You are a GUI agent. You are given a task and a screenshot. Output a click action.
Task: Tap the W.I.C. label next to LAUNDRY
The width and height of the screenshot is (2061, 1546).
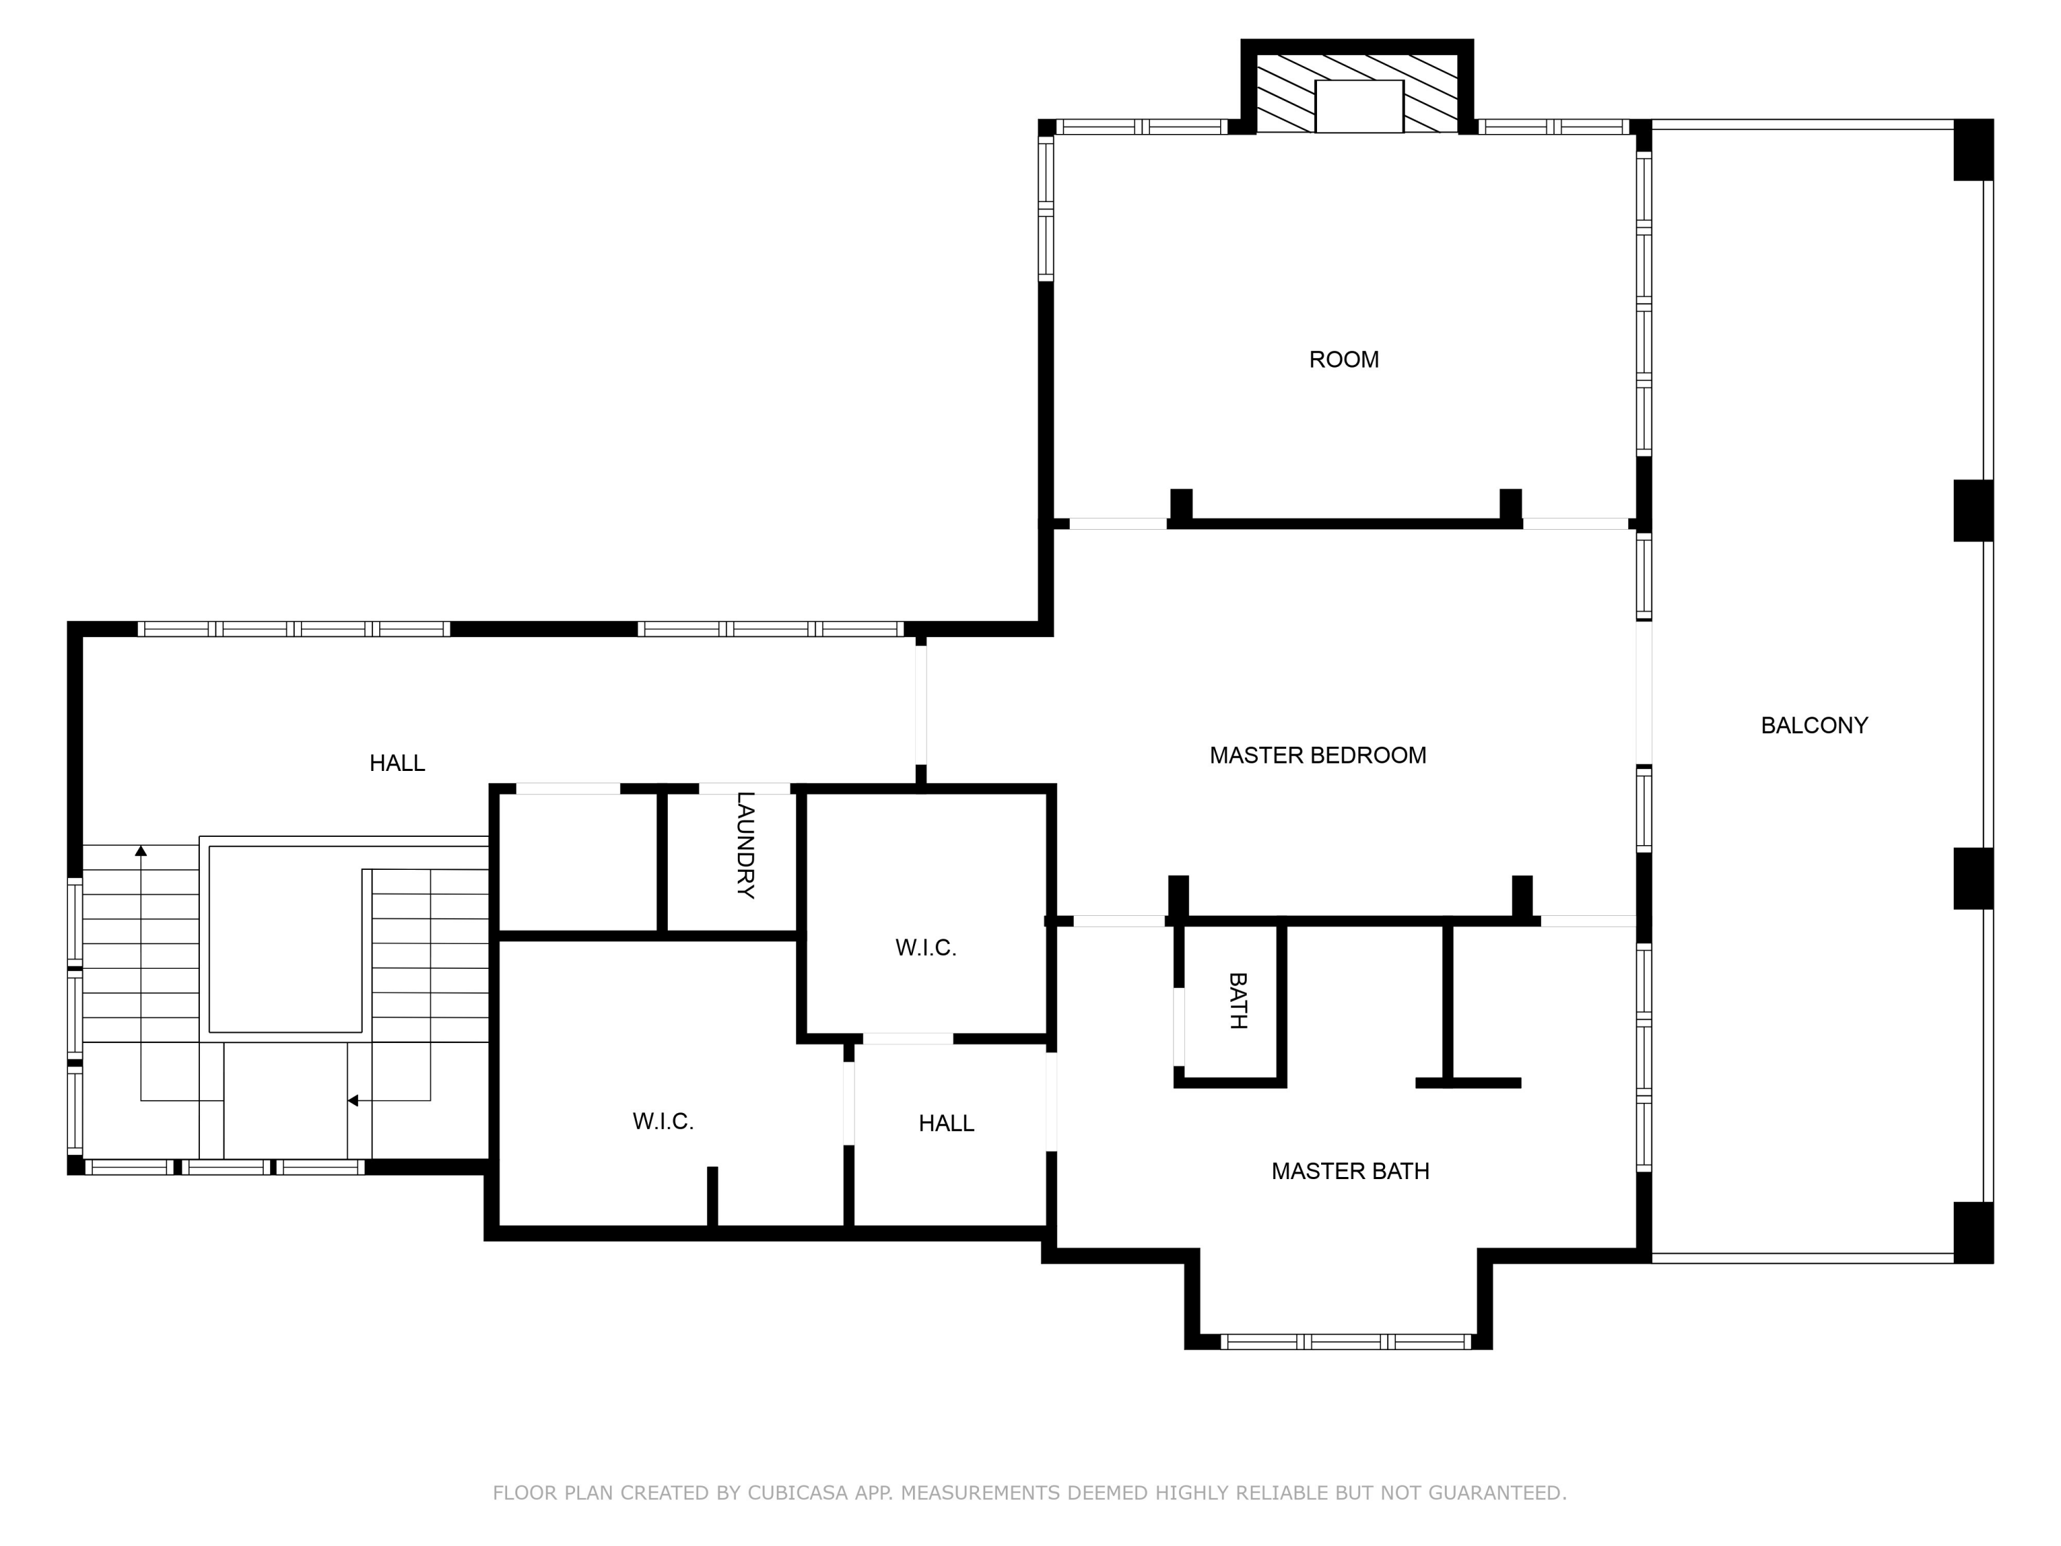pyautogui.click(x=925, y=948)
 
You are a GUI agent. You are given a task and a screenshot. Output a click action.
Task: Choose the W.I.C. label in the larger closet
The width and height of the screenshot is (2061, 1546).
pyautogui.click(x=662, y=1121)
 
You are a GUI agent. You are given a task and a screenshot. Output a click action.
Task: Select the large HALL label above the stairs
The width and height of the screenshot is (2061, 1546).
pyautogui.click(x=397, y=763)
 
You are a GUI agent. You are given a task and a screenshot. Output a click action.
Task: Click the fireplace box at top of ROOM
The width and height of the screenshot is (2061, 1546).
pyautogui.click(x=1358, y=107)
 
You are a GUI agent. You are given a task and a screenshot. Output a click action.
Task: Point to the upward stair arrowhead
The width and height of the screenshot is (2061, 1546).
pyautogui.click(x=141, y=850)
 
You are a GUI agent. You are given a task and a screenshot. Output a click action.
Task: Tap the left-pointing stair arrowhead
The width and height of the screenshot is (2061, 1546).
pyautogui.click(x=353, y=1101)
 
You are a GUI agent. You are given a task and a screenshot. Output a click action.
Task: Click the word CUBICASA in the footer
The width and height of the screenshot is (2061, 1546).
pyautogui.click(x=797, y=1494)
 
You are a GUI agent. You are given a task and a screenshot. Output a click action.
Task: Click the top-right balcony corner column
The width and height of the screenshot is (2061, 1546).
pyautogui.click(x=1972, y=149)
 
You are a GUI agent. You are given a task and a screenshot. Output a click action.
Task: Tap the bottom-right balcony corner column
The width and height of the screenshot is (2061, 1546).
pyautogui.click(x=1972, y=1232)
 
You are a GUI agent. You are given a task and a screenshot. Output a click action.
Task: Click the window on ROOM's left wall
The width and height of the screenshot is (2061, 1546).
pyautogui.click(x=1046, y=208)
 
